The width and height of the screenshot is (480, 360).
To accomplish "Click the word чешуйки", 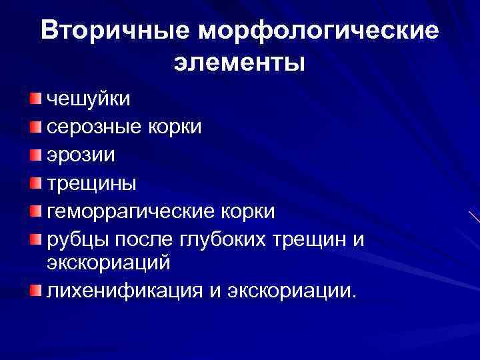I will tap(89, 99).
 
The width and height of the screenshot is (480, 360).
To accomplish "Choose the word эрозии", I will tap(81, 155).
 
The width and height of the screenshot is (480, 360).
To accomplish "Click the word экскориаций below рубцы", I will tap(109, 263).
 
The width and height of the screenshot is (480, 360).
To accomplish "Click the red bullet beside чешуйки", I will tap(35, 99).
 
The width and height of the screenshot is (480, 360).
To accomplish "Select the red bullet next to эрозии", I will tap(35, 155).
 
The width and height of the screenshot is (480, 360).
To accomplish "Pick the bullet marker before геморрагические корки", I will tap(35, 211).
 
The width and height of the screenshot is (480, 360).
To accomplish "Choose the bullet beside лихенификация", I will tap(35, 290).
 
